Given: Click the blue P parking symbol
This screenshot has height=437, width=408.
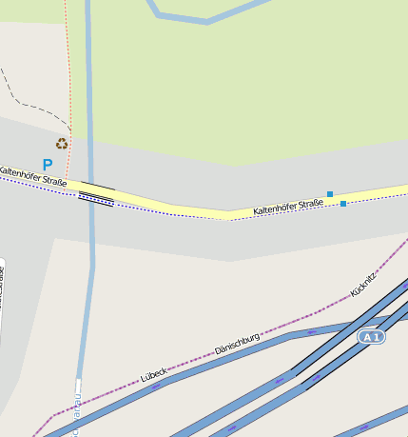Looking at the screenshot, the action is tap(48, 165).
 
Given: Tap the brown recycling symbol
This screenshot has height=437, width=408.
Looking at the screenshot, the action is tap(62, 144).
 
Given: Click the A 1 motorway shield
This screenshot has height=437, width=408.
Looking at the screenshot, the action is tap(372, 337).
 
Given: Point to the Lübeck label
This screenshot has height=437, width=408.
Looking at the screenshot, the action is tap(153, 375).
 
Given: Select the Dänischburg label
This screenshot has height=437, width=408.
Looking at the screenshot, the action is tap(237, 344).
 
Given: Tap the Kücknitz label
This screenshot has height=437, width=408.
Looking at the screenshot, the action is tap(363, 284).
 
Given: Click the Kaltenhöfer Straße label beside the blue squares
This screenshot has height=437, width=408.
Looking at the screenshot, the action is tap(288, 206).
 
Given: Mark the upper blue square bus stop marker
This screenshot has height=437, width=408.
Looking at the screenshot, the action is tap(330, 194).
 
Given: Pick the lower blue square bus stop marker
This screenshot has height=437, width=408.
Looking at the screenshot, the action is tap(343, 204).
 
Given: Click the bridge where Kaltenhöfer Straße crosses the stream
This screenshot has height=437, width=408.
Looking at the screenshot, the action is tap(96, 193).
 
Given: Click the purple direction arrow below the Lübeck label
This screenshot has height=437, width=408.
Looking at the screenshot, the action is tap(155, 387).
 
